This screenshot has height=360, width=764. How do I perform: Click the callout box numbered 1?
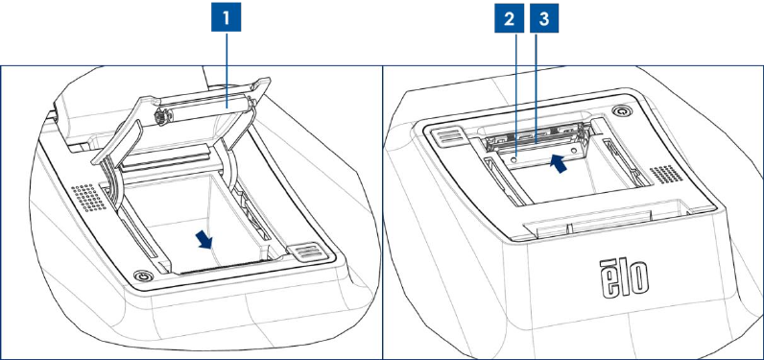(226, 18)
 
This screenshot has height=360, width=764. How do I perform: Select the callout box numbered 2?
(509, 19)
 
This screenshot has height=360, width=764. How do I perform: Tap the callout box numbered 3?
(544, 19)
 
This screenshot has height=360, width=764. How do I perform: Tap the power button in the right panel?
(621, 111)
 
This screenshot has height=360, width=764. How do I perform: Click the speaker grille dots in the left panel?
(89, 199)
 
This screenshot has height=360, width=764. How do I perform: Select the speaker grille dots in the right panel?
(666, 174)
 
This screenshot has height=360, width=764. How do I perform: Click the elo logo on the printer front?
(625, 279)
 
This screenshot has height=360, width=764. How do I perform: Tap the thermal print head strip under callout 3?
(534, 142)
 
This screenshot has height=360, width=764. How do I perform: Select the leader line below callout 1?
(227, 68)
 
